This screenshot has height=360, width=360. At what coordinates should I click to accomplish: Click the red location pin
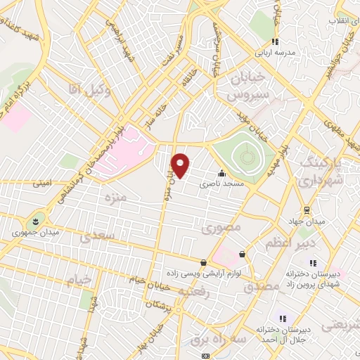181,165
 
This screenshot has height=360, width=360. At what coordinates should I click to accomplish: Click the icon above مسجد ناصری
222,173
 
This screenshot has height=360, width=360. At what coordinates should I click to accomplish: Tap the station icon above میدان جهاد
307,210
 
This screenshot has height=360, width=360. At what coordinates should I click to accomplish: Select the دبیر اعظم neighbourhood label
285,243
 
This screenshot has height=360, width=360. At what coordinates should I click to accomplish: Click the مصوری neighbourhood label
221,228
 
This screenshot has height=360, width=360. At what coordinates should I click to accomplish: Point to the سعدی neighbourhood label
96,237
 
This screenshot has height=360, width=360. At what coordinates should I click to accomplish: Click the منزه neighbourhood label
114,199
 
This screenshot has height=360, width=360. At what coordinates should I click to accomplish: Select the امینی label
41,184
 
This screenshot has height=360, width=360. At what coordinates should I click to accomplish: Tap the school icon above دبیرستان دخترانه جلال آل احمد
283,318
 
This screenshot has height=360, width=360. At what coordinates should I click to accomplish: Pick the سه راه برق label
205,339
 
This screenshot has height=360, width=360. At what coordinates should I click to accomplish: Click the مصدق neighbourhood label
262,288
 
